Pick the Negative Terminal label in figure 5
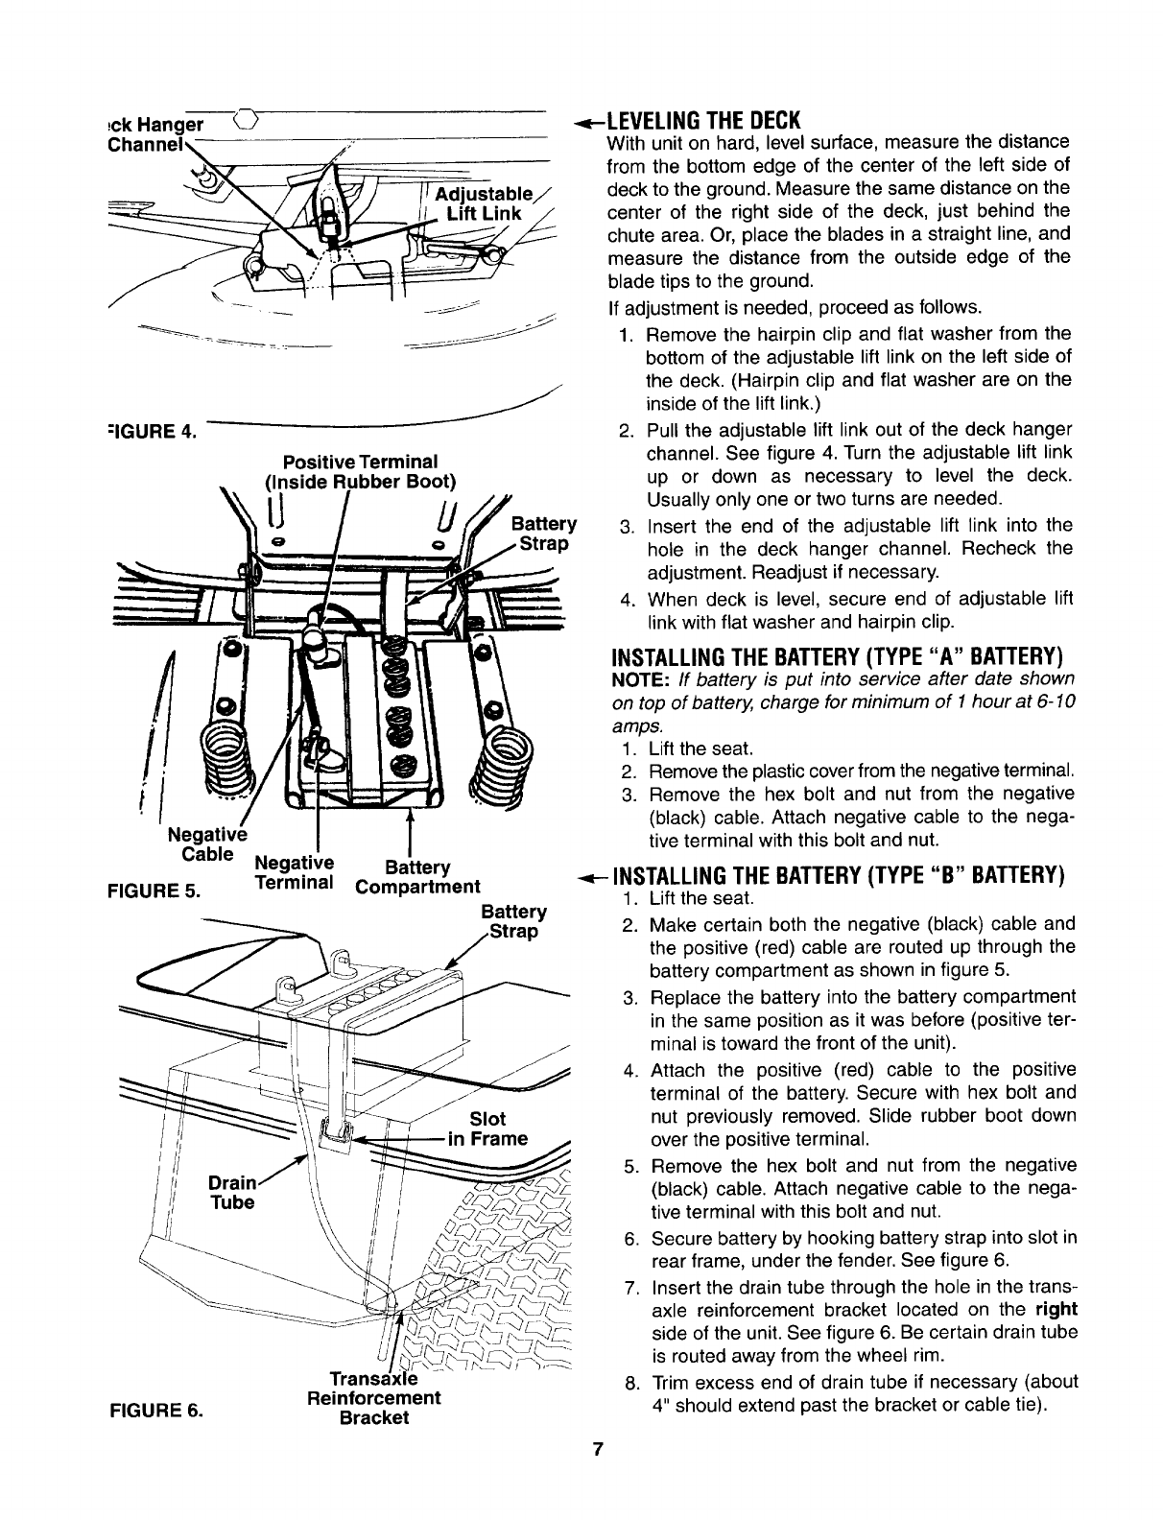click(295, 871)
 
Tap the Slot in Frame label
click(488, 1129)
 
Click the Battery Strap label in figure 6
click(513, 921)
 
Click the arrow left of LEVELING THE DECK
click(587, 122)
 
